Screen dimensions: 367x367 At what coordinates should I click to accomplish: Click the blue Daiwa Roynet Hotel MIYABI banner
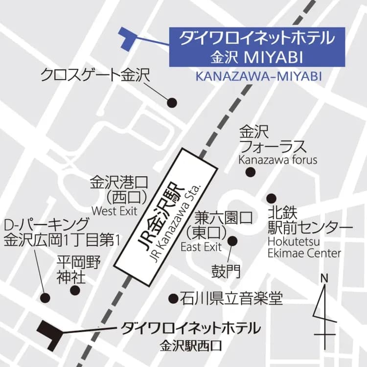[x=257, y=47]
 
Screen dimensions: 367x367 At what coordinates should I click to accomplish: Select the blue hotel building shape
[x=128, y=38]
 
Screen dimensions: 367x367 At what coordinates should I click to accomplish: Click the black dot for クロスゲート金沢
[x=172, y=103]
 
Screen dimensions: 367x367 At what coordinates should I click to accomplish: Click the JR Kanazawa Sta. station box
[x=165, y=215]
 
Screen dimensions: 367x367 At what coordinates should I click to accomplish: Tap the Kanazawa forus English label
[x=277, y=160]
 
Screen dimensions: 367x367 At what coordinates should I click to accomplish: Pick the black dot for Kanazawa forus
[x=251, y=172]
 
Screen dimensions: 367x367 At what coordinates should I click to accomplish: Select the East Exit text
[x=201, y=246]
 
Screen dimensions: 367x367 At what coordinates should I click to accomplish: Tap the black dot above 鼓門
[x=232, y=241]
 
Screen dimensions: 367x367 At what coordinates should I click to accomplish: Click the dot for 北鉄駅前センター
[x=271, y=198]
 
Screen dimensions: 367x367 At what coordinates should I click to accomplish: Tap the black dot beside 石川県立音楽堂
[x=173, y=298]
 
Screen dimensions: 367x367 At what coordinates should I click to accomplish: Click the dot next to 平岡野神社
[x=75, y=290]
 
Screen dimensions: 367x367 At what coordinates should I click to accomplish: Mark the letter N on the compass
[x=323, y=278]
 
